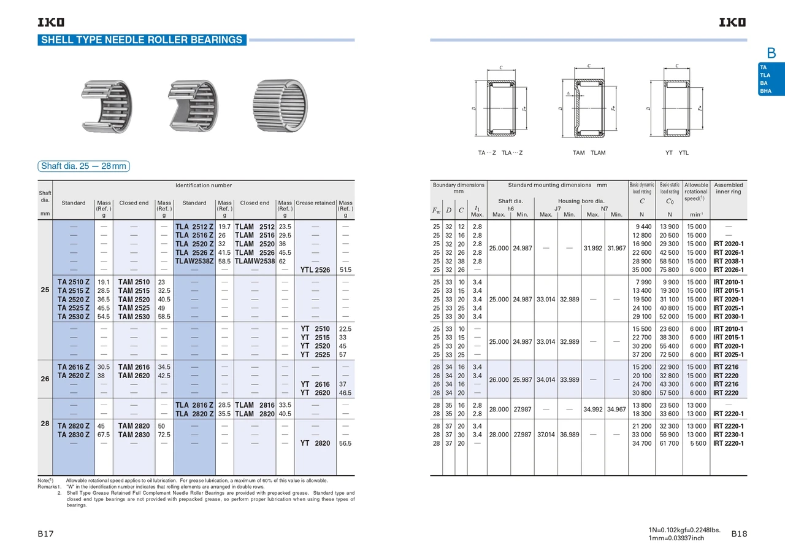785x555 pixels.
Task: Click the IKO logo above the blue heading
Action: pyautogui.click(x=51, y=23)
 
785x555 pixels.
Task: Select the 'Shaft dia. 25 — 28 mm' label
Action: pyautogui.click(x=84, y=166)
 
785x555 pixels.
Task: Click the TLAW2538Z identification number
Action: pyautogui.click(x=194, y=262)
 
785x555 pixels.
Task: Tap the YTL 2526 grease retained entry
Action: pyautogui.click(x=315, y=270)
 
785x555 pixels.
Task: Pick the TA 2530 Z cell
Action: pyautogui.click(x=74, y=316)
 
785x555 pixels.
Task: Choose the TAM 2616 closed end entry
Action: pyautogui.click(x=134, y=367)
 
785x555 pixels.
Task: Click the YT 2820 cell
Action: pyautogui.click(x=315, y=443)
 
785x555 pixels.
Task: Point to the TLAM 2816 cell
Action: pyautogui.click(x=255, y=405)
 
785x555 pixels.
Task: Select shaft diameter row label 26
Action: pyautogui.click(x=45, y=379)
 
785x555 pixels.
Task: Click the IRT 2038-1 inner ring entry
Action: pyautogui.click(x=728, y=262)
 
